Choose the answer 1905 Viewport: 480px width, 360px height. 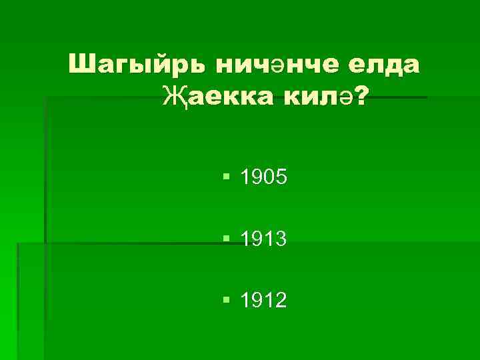point(263,177)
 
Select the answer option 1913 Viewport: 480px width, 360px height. point(263,239)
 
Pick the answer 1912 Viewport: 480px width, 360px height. point(263,300)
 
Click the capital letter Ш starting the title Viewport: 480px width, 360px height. point(81,65)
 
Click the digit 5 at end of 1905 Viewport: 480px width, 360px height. point(281,177)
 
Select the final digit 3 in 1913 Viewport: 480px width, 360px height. point(281,239)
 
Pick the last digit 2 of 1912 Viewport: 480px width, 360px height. point(281,300)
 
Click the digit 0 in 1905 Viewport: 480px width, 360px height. point(269,177)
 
